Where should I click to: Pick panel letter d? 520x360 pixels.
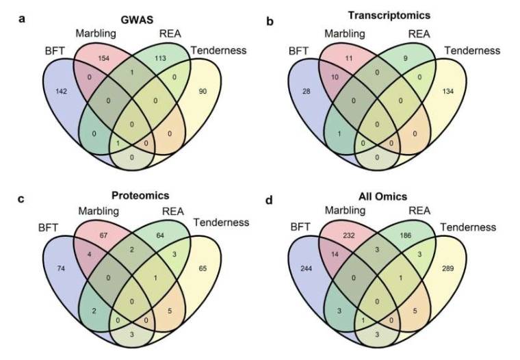click(x=272, y=200)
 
